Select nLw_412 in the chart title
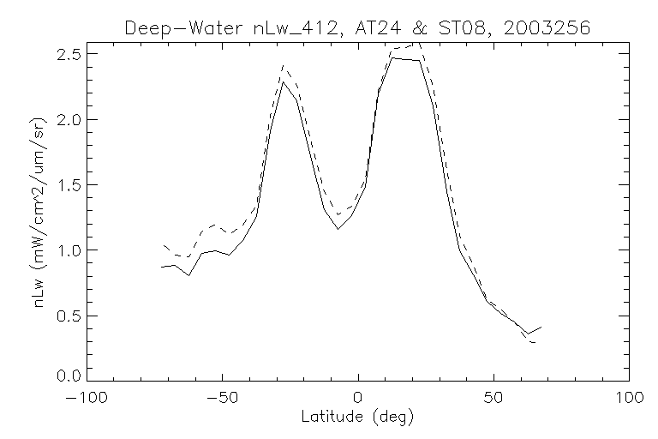click(278, 28)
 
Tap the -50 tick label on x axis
click(223, 399)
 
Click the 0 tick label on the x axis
click(358, 399)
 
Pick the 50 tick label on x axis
click(493, 399)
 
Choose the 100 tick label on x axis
click(629, 399)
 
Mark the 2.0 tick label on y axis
click(71, 120)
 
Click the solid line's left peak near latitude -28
click(283, 82)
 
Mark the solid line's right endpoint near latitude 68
click(541, 327)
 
